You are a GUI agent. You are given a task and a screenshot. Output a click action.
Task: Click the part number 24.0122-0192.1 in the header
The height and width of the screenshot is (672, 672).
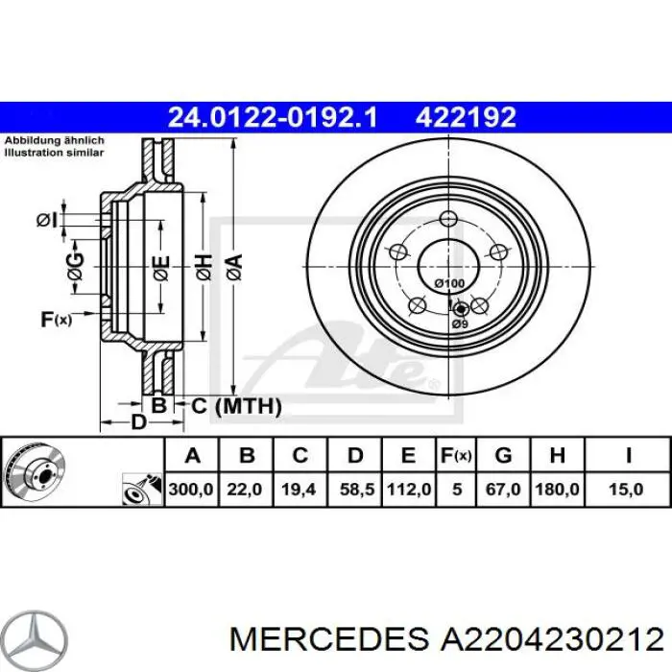274,118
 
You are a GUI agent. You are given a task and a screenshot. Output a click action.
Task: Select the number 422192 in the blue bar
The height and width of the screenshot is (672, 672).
466,118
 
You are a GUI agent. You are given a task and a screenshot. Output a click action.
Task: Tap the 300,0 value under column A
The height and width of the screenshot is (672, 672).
191,490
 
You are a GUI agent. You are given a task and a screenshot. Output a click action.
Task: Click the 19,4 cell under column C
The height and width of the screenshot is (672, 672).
300,490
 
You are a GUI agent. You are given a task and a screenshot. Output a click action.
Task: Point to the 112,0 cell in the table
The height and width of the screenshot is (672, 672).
408,490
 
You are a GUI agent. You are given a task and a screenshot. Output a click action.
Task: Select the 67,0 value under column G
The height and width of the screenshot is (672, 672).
502,490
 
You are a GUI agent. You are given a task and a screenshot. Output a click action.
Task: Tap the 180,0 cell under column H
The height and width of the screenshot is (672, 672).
557,490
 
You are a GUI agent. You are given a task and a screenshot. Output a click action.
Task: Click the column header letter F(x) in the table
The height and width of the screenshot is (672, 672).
456,454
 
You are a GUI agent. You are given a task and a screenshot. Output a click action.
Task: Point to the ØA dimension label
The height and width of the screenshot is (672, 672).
233,264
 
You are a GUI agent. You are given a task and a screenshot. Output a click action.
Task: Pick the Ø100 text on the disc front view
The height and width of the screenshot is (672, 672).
449,283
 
